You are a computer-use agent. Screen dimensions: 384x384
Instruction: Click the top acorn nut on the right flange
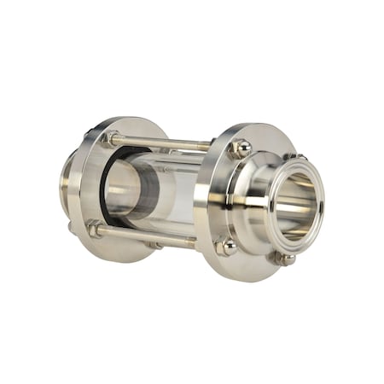pos(241,148)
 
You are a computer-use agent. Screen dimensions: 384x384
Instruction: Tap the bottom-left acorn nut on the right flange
pos(226,247)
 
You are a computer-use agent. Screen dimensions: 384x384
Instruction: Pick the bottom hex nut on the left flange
pos(95,229)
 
